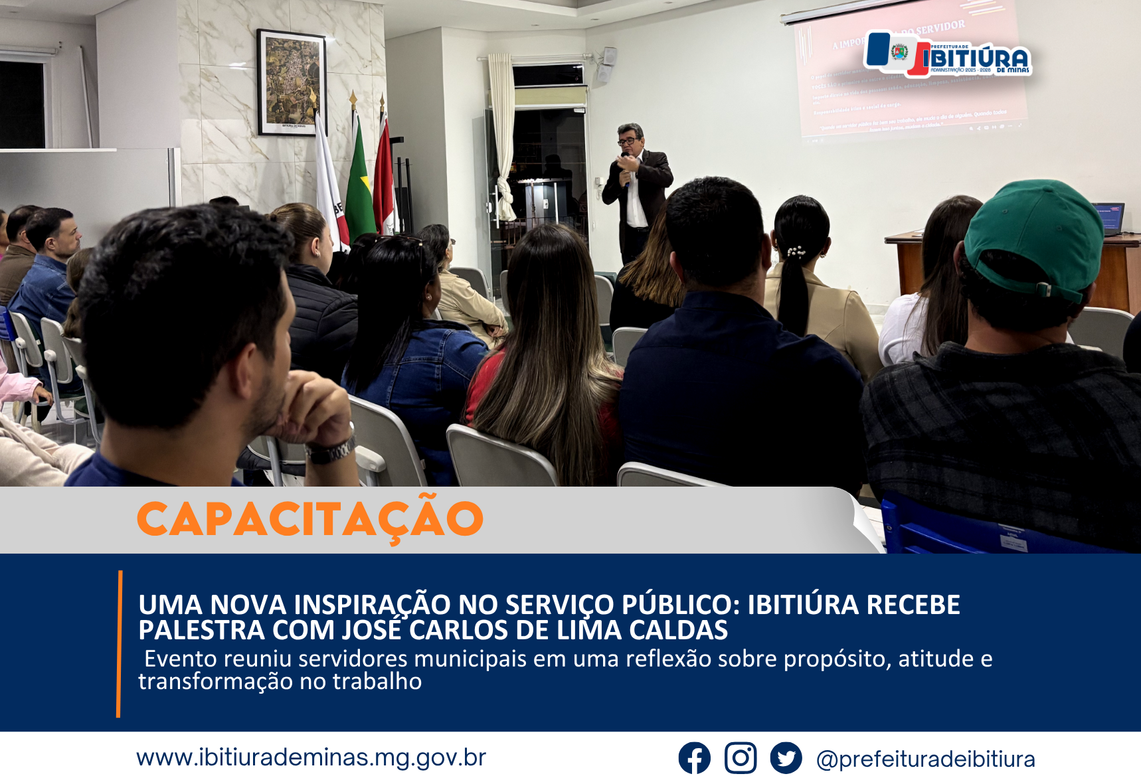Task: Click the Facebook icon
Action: (694, 758)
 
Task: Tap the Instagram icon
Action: (741, 758)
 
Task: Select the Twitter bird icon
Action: (786, 758)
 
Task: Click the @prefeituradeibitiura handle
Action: (925, 759)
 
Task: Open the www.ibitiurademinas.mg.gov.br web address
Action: (311, 757)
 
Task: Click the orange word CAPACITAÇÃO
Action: (310, 519)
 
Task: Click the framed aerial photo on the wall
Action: (292, 82)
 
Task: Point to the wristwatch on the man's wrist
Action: (330, 451)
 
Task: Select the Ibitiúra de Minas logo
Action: (948, 54)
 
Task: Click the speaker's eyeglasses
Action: (627, 141)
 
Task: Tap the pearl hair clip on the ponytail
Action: (796, 252)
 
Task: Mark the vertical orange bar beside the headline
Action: (119, 643)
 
